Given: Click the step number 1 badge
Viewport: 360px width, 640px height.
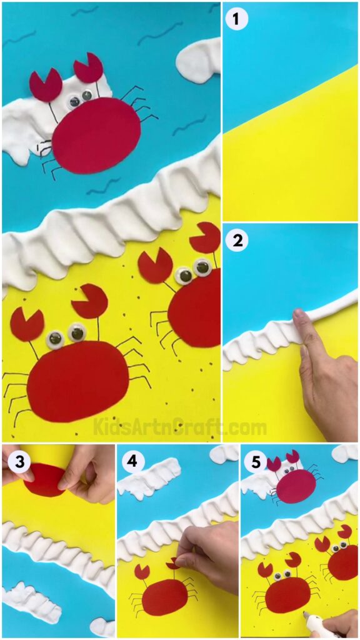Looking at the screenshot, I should (x=237, y=19).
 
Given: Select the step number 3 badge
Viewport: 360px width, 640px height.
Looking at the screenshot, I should (x=14, y=462).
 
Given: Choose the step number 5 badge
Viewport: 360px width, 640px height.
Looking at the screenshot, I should (x=253, y=462).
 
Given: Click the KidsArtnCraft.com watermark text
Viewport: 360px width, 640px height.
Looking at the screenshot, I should (x=180, y=427).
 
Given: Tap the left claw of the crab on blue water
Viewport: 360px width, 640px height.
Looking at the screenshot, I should (x=45, y=86).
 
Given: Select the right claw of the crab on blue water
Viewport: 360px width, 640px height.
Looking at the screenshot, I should (x=88, y=68).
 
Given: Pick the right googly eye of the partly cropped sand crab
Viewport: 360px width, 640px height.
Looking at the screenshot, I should (x=202, y=267).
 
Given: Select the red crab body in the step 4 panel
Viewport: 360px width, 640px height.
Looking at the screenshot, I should (x=164, y=597).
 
